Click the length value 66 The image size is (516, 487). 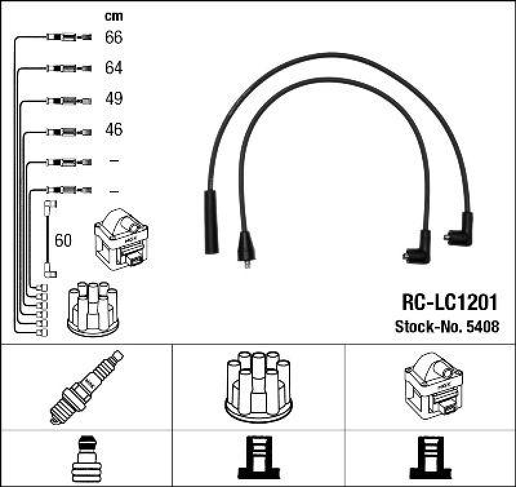click(114, 37)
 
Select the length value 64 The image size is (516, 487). click(114, 68)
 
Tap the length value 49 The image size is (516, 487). click(114, 99)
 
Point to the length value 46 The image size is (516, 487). click(114, 130)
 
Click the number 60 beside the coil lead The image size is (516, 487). click(63, 241)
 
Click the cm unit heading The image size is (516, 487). click(114, 16)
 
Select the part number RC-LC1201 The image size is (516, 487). click(450, 304)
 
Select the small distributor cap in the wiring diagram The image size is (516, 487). click(93, 309)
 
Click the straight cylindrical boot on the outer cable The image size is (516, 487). click(211, 222)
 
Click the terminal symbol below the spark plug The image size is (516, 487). click(86, 457)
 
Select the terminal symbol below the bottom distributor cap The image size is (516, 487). click(258, 457)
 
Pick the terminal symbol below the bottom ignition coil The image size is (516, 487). click(430, 457)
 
